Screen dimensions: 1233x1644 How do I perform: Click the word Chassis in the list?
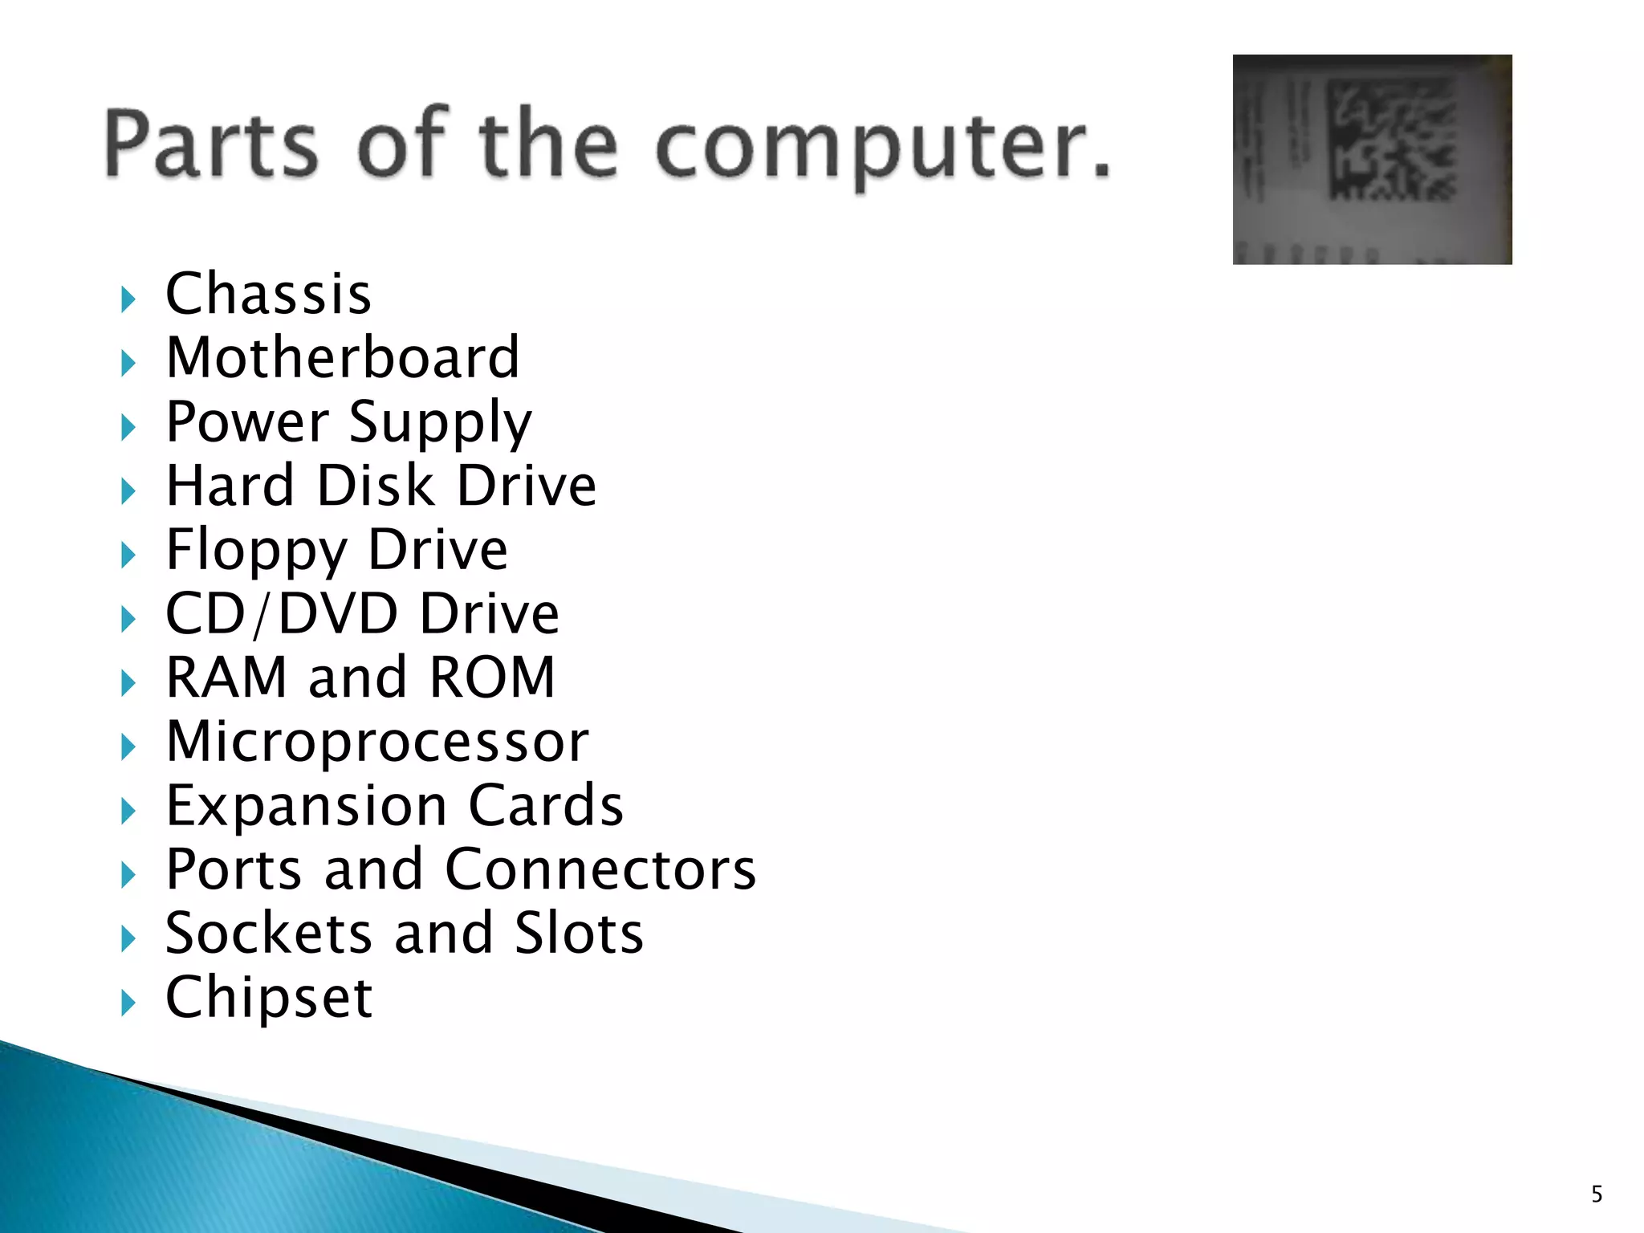point(268,294)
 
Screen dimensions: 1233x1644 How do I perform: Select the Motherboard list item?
point(343,358)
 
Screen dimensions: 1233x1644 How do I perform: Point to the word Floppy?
point(256,551)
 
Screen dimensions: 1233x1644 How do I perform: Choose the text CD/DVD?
point(281,614)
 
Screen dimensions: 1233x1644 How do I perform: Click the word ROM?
point(492,678)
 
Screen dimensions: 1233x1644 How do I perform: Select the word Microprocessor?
point(377,742)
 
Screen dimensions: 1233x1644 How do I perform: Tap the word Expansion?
point(306,806)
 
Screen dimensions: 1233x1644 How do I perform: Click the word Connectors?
point(600,869)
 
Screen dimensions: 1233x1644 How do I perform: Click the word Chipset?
point(269,999)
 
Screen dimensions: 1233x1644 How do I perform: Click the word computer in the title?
point(883,146)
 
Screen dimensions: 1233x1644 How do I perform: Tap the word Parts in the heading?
point(211,144)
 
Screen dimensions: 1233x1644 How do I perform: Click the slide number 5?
point(1597,1194)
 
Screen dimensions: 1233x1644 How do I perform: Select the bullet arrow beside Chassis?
point(128,299)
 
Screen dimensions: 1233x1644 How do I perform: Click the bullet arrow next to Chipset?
point(128,1003)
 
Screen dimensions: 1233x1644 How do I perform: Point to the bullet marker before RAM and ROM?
point(128,683)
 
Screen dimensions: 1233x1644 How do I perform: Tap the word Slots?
point(579,934)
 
